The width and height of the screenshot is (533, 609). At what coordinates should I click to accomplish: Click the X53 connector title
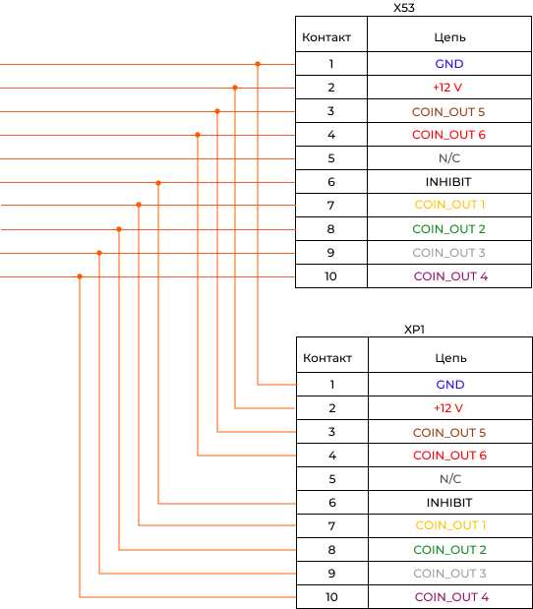404,8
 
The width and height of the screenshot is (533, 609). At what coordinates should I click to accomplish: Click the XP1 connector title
414,330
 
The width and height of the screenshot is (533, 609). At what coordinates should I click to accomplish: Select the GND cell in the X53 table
449,64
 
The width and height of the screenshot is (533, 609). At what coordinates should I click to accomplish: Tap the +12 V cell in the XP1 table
448,408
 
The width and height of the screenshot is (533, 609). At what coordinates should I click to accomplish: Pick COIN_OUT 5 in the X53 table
448,112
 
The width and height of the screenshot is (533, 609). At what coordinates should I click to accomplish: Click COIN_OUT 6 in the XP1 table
449,456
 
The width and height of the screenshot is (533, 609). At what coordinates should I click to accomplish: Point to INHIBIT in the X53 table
448,182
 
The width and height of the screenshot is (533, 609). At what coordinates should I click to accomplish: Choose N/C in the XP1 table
450,479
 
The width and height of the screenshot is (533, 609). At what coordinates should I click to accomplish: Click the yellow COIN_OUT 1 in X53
449,205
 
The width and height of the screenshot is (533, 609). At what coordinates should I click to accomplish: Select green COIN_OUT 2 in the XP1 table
449,550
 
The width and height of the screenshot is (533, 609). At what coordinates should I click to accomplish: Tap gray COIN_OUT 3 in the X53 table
448,253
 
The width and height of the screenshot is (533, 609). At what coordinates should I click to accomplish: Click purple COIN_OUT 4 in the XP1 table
451,597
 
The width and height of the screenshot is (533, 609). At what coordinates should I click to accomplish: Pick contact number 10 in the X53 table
330,276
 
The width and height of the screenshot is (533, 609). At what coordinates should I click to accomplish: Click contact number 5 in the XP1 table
332,479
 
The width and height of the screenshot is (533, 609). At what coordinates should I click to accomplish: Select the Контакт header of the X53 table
326,37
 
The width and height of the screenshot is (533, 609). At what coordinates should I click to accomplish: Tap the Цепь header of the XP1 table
450,358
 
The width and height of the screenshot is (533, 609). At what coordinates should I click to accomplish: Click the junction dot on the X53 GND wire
258,64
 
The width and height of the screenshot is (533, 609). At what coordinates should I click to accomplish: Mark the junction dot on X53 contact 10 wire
80,276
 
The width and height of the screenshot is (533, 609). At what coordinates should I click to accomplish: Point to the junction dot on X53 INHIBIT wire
158,183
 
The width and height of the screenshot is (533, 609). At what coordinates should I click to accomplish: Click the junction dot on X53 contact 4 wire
198,135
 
